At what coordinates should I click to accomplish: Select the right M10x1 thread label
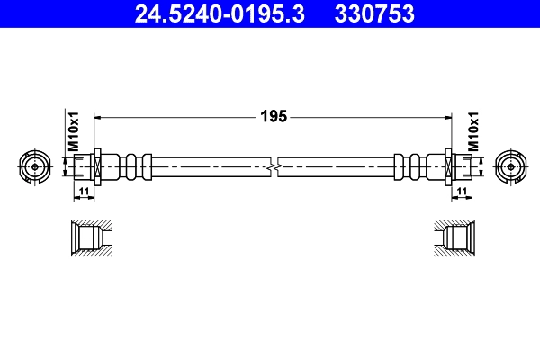472,131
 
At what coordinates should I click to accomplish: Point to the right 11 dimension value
460,192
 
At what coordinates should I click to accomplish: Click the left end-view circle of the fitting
34,166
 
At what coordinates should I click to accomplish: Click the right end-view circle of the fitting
508,166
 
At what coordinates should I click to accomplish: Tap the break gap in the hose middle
274,166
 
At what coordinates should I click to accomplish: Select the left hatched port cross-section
90,238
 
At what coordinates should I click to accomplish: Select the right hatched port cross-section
453,238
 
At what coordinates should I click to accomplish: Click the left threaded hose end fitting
85,166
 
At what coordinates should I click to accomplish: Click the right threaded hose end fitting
458,166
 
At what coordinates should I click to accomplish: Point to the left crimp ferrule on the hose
131,166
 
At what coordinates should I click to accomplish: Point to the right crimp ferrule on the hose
413,166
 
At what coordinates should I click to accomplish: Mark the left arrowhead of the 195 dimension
100,116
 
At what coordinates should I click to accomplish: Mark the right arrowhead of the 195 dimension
444,116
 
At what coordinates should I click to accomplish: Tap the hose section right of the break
337,166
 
